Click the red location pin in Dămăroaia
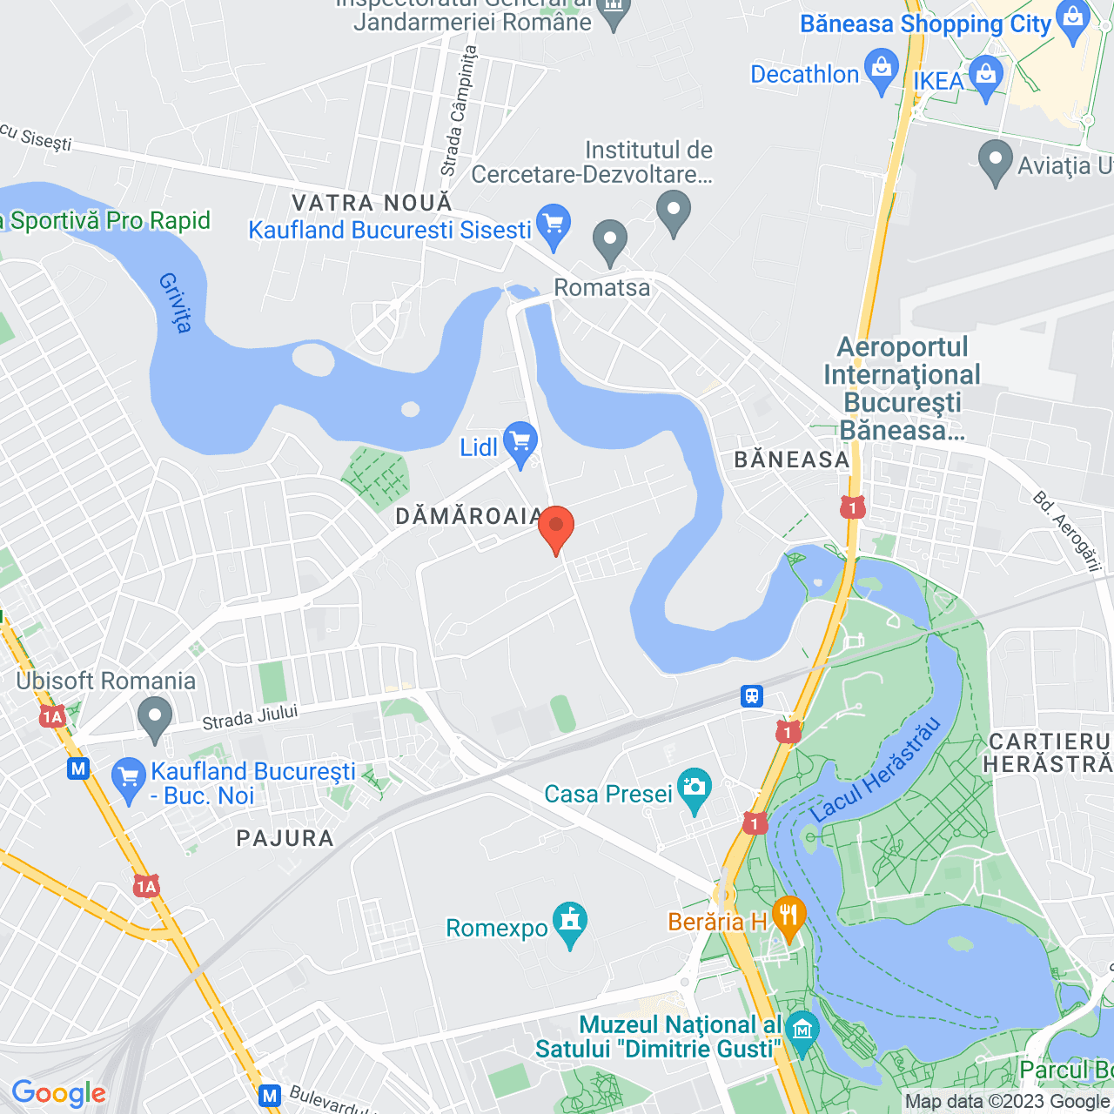pos(556,527)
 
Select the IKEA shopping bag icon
pos(986,76)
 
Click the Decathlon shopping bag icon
pos(882,69)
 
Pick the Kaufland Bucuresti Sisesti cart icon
pos(553,225)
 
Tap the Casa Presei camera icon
pos(694,788)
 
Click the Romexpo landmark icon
pos(570,922)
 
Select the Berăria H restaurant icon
pos(789,916)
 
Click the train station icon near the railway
pos(752,696)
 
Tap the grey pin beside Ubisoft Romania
pos(155,718)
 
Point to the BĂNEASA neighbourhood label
pos(791,460)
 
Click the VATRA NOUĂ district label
pos(372,203)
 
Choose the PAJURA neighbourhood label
pos(285,838)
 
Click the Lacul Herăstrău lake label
pos(876,769)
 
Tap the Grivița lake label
pos(176,302)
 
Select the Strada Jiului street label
pos(250,718)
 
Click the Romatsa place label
pos(602,287)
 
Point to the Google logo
pos(59,1093)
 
